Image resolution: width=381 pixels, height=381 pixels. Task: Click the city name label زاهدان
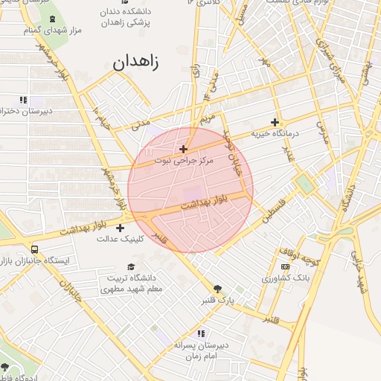(x=136, y=63)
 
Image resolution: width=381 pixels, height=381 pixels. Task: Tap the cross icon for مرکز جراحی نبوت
(x=184, y=149)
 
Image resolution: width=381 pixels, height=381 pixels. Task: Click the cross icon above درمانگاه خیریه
(x=275, y=122)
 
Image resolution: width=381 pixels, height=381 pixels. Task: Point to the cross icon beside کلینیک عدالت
(x=121, y=228)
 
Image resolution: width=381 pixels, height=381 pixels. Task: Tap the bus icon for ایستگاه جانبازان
(x=35, y=249)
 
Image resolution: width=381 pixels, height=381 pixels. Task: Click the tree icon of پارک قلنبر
(x=217, y=289)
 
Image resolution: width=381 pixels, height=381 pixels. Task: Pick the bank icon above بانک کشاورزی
(x=284, y=266)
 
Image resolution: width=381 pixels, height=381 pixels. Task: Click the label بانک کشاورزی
(x=284, y=278)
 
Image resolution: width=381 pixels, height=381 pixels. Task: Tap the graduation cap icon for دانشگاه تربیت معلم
(x=131, y=266)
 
